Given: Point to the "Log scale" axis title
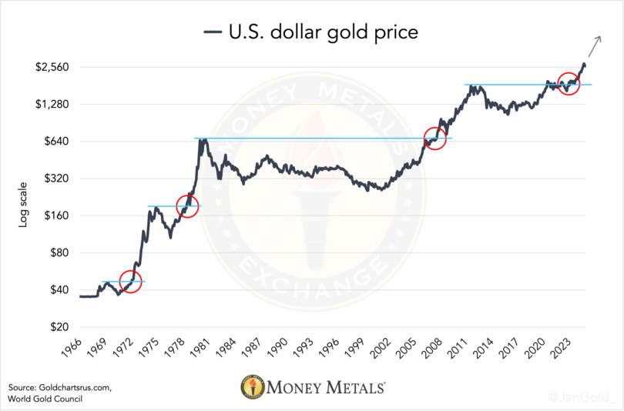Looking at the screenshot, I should [23, 204].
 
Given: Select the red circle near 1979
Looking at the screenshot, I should [187, 206].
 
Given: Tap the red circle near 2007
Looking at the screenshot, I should [435, 139].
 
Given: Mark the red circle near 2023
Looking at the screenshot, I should [569, 84].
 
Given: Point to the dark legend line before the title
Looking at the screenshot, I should [212, 32].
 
